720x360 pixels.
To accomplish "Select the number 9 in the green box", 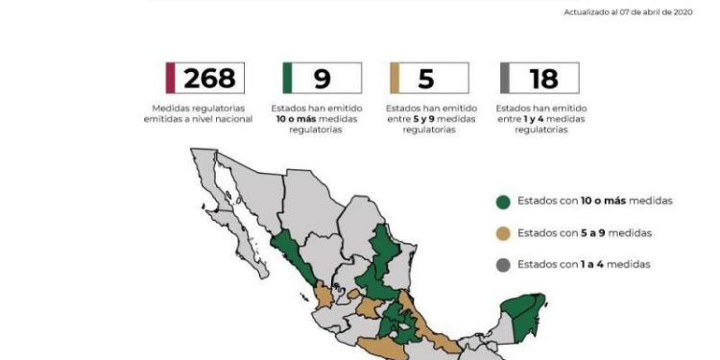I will pos(323,78).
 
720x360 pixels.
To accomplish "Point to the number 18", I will pos(542,78).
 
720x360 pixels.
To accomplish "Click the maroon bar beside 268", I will pos(170,78).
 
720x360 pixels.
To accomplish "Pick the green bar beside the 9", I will pos(287,78).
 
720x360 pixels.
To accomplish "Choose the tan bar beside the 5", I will pos(396,78).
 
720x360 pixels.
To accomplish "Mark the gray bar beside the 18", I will pos(505,78).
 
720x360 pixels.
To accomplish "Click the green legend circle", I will pos(502,202).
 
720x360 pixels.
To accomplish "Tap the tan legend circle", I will pos(502,233).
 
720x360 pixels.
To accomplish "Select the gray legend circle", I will pos(502,264).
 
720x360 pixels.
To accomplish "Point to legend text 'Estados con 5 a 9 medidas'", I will pos(584,233).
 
